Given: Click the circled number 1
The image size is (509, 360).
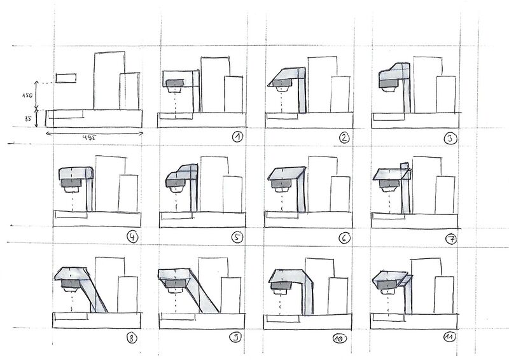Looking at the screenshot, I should point(237,136).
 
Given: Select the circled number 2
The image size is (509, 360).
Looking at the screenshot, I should point(344,136).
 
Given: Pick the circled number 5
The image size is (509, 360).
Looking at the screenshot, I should point(237,238).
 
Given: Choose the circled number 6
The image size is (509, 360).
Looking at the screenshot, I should point(344,238).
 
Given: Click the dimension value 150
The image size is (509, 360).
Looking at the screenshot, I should point(26,95).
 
